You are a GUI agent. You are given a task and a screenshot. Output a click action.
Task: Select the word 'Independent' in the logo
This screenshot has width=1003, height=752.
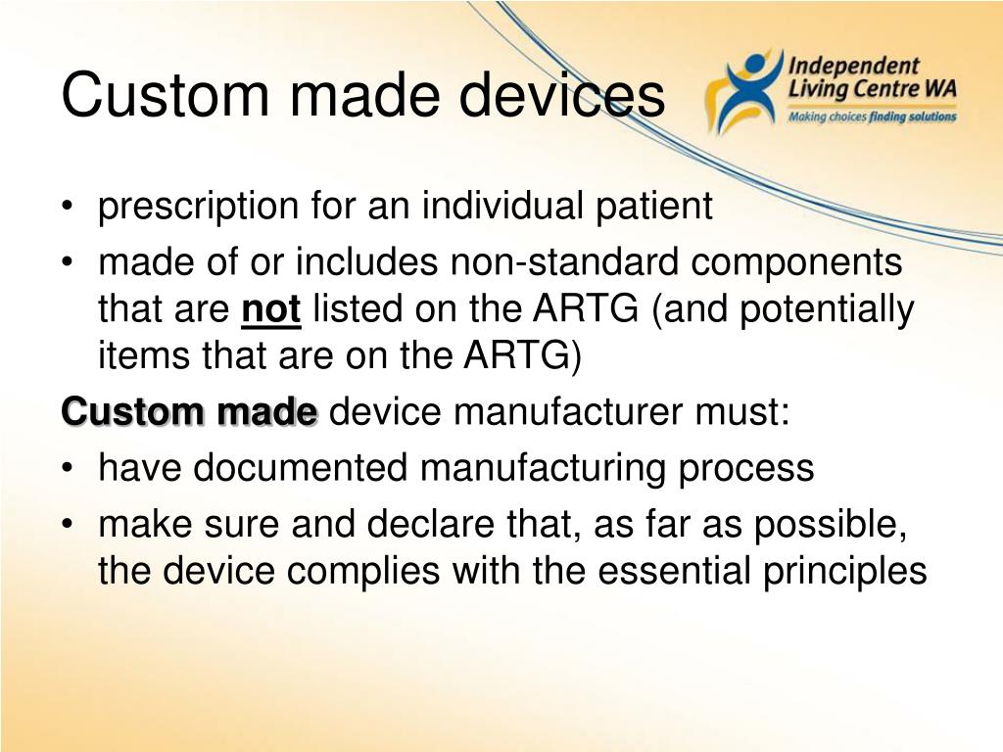click(854, 67)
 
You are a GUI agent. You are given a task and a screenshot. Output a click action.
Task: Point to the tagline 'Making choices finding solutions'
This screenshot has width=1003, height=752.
click(872, 117)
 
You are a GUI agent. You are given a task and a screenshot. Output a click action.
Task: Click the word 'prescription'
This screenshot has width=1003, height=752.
click(198, 208)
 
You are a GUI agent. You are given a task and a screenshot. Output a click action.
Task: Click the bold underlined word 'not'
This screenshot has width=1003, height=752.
click(270, 310)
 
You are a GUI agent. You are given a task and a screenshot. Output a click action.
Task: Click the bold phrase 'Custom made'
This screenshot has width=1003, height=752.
click(190, 412)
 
